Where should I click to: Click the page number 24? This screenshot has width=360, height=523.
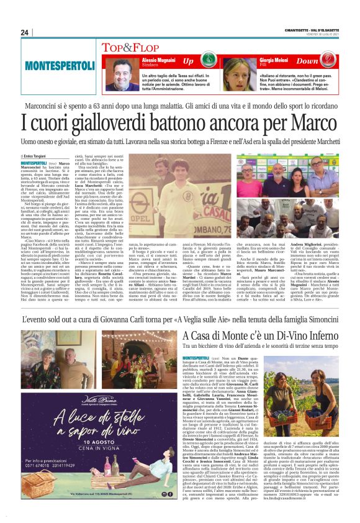point(25,32)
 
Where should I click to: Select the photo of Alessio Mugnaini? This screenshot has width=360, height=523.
point(122,74)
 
